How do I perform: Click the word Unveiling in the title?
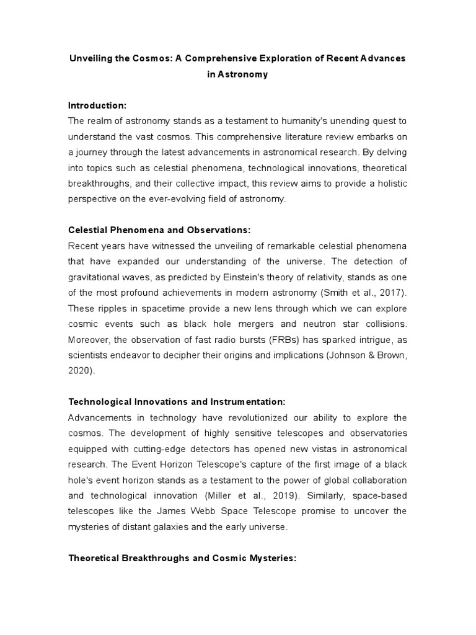click(90, 58)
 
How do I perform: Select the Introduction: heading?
click(97, 106)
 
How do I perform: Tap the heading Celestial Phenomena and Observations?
click(159, 230)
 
